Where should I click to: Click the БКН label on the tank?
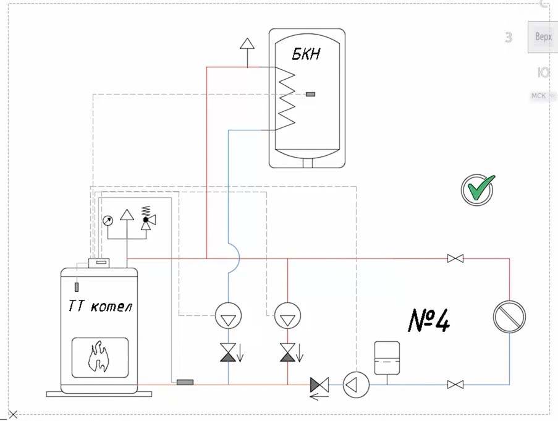tap(306, 54)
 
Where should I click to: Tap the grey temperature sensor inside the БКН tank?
tap(310, 94)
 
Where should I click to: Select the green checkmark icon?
tap(478, 189)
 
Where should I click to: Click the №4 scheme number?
tap(429, 320)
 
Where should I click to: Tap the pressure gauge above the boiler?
tap(108, 219)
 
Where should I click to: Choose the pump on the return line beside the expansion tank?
tap(355, 385)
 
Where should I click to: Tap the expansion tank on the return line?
tap(387, 357)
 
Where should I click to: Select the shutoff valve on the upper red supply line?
tap(455, 258)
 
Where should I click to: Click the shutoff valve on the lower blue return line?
tap(455, 385)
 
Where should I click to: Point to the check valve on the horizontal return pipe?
tap(319, 385)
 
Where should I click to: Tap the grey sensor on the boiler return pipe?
tap(185, 382)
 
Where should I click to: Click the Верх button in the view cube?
tap(543, 37)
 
